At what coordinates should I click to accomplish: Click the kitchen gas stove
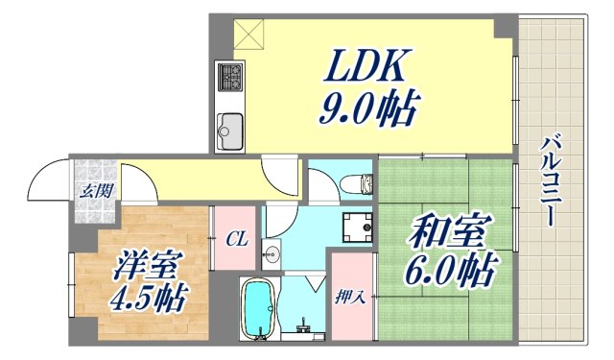click(x=230, y=76)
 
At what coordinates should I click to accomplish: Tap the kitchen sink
click(x=230, y=127)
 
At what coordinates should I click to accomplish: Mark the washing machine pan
click(x=359, y=227)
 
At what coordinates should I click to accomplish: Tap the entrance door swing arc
click(x=46, y=178)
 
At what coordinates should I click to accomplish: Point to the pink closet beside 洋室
click(x=234, y=240)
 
